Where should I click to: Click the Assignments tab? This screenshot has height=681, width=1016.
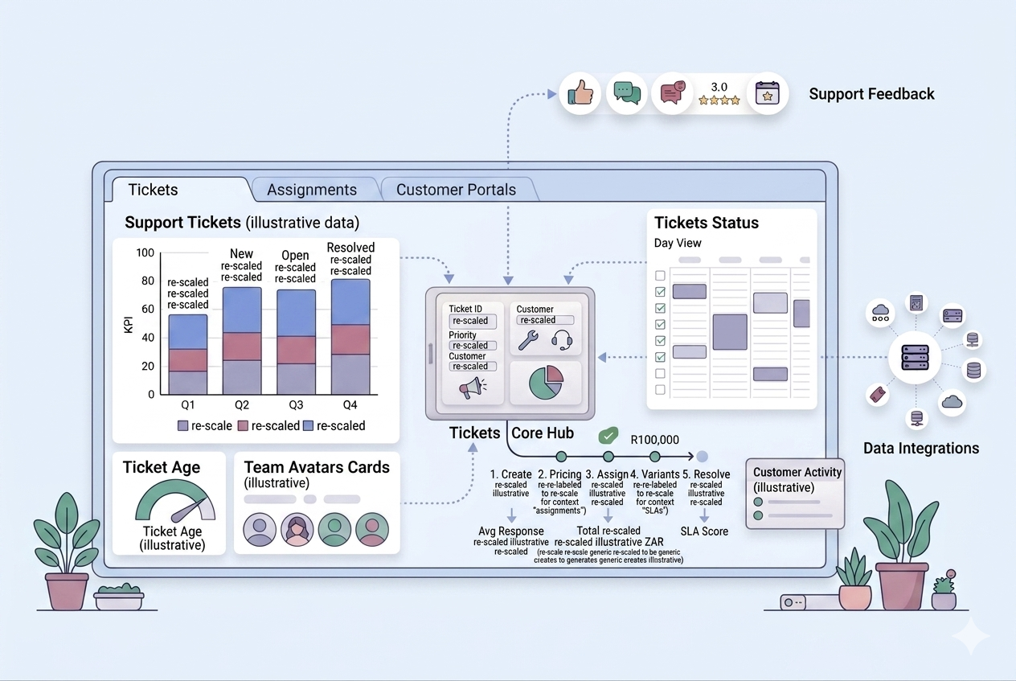[312, 190]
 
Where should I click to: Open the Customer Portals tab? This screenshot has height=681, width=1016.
[456, 190]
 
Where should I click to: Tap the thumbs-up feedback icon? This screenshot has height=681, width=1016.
[580, 93]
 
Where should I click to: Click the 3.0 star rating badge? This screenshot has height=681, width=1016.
[719, 93]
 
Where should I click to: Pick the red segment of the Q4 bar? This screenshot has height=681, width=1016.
[350, 339]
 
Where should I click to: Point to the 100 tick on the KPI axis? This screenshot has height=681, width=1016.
[145, 253]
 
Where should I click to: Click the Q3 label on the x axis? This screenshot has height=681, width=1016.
[296, 404]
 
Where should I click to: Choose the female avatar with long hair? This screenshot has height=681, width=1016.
[297, 530]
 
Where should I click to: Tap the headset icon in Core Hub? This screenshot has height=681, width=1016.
[562, 340]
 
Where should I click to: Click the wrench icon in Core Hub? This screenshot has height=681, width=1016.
[527, 340]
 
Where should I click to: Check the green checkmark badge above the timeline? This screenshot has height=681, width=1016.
[609, 435]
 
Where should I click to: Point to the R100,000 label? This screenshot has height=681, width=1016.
[654, 440]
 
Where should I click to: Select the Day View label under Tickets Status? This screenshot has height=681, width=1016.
[678, 243]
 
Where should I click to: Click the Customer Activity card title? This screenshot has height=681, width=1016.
[797, 472]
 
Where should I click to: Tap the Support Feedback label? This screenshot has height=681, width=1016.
[871, 94]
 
